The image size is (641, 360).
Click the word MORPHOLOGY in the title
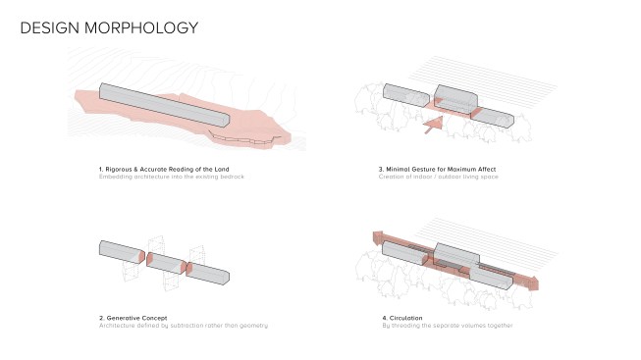point(141,27)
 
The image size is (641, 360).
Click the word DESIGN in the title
point(49,27)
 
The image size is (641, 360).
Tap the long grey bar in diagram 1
point(164,105)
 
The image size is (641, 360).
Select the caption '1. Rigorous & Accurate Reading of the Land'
point(164,169)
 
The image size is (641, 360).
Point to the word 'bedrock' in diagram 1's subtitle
point(233,177)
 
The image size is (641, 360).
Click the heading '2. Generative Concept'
point(133,318)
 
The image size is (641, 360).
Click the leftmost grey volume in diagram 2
point(122,252)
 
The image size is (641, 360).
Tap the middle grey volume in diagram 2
point(166,263)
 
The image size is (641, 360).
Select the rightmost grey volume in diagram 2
point(208,274)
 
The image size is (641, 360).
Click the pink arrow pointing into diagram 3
point(434,125)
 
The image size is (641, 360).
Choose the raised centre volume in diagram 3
point(456,100)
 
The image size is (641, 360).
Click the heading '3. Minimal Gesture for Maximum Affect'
point(437,169)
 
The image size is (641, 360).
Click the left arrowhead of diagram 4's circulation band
point(378,237)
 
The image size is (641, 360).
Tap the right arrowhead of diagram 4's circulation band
point(533,283)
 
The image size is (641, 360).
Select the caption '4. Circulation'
point(402,318)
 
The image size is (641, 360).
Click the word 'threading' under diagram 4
point(405,326)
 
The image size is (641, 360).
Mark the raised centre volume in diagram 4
point(456,255)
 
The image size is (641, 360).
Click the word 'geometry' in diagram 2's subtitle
point(254,326)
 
